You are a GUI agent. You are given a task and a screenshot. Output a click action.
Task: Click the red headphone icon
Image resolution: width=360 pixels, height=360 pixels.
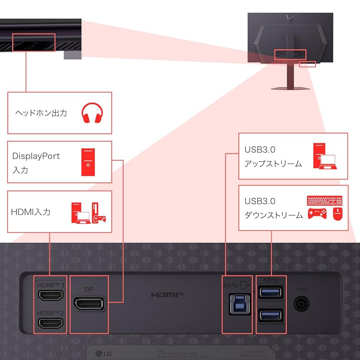[x=92, y=113]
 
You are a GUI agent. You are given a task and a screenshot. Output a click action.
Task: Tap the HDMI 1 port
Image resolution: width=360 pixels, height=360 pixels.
[x=51, y=296]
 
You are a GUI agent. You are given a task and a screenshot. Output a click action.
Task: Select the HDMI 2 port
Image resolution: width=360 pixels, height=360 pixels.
[x=51, y=323]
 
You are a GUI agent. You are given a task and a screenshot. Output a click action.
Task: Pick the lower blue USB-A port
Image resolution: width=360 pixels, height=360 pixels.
[x=271, y=315]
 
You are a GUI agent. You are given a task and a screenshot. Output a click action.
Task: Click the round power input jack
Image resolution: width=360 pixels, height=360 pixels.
[x=301, y=304]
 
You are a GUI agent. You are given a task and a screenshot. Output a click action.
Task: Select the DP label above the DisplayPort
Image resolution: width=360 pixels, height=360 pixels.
[x=89, y=289]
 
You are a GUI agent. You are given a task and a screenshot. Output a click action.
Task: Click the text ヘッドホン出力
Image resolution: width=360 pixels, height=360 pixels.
[x=41, y=113]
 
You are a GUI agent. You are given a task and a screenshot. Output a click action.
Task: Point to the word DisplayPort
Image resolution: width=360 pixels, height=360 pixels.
[x=36, y=156]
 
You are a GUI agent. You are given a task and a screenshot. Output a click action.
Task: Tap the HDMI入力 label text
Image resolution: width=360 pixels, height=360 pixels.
[x=31, y=212]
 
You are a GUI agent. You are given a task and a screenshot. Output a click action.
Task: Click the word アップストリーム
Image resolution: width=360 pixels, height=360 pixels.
[x=273, y=164]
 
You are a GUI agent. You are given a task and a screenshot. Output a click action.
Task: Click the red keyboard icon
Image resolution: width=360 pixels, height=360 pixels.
[x=325, y=200]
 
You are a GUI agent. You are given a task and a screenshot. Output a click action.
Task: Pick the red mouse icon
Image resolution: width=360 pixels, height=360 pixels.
[x=338, y=214]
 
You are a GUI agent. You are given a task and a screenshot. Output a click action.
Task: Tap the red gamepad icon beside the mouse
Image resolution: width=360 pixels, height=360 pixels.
[x=317, y=214]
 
